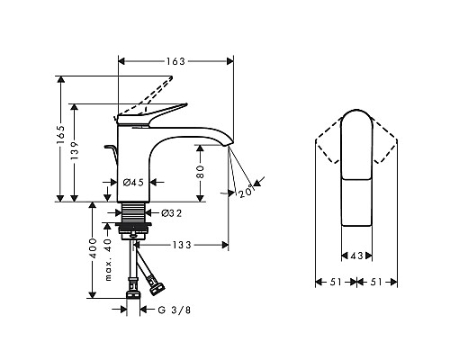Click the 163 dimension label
click(175, 61)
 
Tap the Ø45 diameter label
click(133, 183)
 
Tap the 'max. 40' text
click(109, 256)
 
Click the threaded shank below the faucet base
click(134, 217)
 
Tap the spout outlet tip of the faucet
click(226, 145)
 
